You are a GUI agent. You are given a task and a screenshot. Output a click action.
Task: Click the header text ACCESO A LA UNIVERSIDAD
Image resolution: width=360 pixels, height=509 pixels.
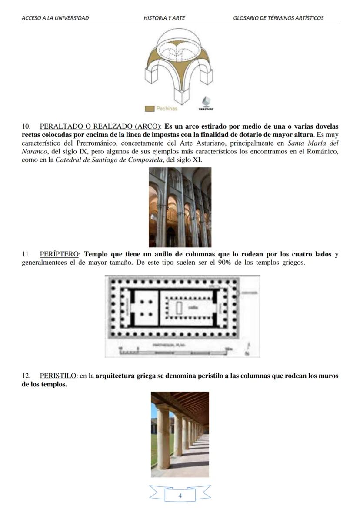click(55, 18)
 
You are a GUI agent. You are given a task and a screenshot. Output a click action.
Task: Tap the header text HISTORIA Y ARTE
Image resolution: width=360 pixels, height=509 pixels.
click(164, 18)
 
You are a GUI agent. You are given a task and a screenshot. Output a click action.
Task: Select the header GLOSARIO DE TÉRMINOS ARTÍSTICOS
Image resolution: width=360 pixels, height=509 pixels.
click(278, 18)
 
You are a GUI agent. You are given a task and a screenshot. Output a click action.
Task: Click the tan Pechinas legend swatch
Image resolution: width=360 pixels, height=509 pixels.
click(149, 108)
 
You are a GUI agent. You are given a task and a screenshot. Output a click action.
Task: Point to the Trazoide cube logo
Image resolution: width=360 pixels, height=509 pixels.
click(206, 103)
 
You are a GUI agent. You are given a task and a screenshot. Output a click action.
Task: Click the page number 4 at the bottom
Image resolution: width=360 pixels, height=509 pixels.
click(180, 496)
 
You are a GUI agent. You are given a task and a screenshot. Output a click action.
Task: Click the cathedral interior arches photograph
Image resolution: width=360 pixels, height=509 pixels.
click(180, 207)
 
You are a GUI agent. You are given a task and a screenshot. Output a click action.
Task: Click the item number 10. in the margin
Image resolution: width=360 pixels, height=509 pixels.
click(27, 127)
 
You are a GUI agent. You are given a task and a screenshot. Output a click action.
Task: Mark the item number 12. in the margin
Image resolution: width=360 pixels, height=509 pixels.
click(27, 376)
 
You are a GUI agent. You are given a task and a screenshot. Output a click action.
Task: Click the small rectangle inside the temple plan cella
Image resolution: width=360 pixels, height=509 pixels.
click(179, 308)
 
